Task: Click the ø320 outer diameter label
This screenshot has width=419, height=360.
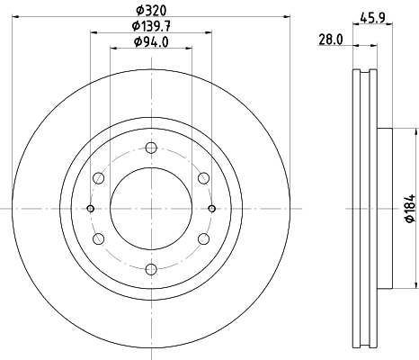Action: tap(151, 11)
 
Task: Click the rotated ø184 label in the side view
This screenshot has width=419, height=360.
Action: tap(408, 209)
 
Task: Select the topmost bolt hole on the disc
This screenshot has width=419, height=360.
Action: tap(151, 148)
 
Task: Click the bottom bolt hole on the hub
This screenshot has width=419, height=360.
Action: tap(151, 267)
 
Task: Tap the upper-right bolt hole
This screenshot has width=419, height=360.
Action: tap(203, 178)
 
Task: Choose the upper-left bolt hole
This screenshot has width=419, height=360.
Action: tap(100, 178)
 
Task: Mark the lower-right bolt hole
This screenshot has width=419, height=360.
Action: tap(203, 238)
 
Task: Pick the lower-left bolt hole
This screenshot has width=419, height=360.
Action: tap(100, 238)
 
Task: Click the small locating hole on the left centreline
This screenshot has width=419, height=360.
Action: tap(91, 208)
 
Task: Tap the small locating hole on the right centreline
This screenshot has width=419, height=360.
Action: tap(211, 208)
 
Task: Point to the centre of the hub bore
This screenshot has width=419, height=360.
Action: tap(151, 208)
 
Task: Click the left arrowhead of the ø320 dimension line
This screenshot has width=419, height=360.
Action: tap(16, 17)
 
